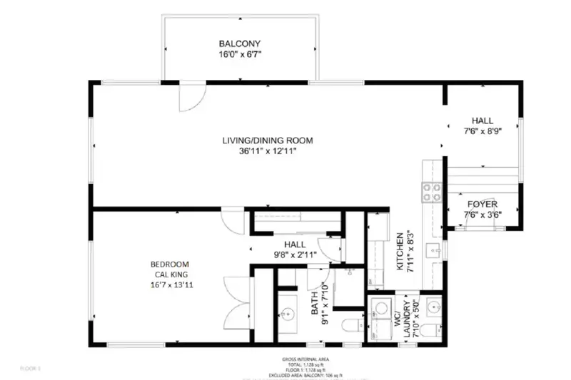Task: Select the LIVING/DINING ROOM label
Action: [x=267, y=140]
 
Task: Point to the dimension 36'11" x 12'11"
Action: [x=267, y=151]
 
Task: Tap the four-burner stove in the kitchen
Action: [x=432, y=191]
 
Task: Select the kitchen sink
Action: [x=432, y=250]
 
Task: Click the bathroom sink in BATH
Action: [x=288, y=313]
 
